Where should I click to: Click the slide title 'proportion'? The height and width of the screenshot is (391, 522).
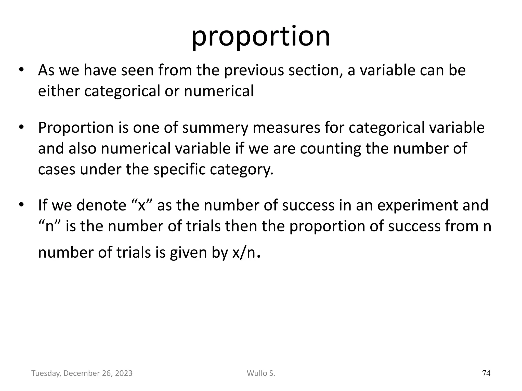260,37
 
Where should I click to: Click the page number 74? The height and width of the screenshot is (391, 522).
486,373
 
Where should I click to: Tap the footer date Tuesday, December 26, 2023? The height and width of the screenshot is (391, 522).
82,373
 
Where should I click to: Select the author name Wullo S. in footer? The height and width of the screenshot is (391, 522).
261,373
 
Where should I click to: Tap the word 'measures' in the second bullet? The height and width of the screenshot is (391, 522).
286,128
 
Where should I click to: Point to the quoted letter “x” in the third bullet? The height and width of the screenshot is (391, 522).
141,205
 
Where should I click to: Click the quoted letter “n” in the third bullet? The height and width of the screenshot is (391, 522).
49,226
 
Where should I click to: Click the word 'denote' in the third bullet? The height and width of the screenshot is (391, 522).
101,205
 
